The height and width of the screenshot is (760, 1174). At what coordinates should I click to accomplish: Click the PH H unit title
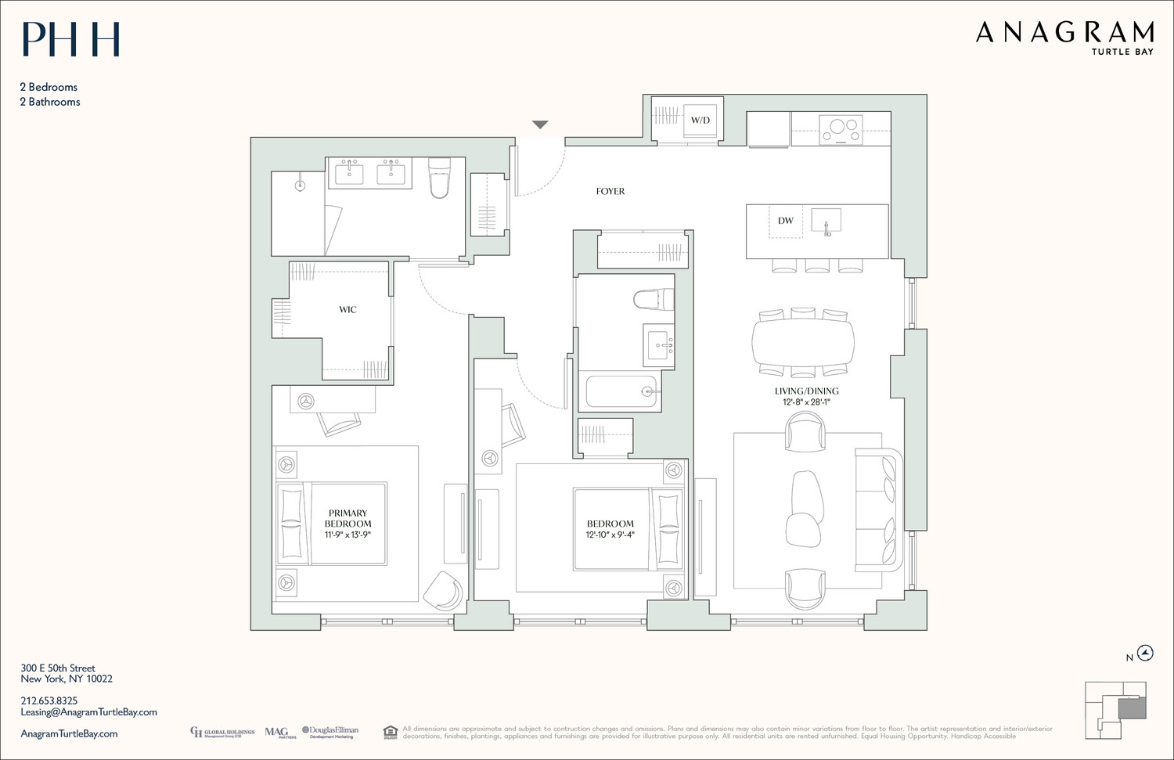70,39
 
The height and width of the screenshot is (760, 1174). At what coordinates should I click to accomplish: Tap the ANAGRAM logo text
1064,32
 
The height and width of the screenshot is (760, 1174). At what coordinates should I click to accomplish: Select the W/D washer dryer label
700,121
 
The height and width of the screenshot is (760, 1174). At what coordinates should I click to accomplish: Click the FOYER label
610,191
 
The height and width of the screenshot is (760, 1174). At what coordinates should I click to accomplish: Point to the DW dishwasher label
785,221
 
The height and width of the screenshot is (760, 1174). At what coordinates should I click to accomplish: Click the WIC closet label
348,310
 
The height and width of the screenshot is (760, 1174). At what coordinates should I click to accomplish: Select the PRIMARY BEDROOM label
348,518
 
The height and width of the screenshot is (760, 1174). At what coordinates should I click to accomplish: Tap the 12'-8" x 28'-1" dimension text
806,402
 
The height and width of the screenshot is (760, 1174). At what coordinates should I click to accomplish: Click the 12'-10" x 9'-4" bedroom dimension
610,535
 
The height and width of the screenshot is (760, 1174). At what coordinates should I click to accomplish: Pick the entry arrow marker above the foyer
540,124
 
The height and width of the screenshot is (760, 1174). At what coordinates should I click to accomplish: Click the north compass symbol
1144,653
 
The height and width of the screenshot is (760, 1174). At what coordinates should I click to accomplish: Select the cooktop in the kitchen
841,129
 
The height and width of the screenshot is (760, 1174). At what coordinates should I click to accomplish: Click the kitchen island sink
826,221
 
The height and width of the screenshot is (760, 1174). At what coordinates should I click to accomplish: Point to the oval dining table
803,342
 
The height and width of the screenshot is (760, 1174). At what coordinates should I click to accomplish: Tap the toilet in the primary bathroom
440,178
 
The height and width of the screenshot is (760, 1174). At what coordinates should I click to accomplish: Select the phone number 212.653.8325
49,701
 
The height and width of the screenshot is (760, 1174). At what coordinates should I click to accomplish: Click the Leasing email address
88,712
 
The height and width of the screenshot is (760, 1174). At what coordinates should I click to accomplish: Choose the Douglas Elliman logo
330,732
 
